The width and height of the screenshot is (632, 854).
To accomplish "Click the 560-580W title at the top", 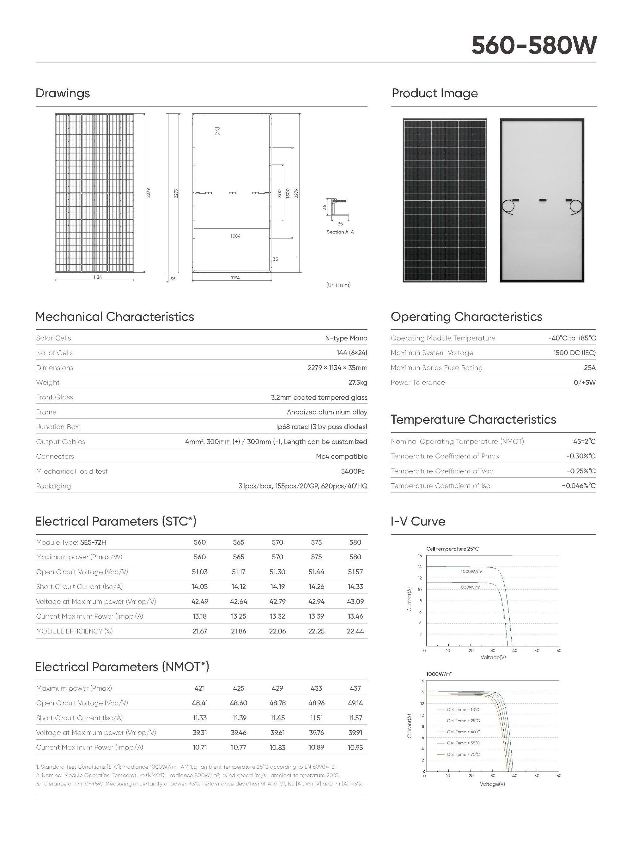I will [533, 45].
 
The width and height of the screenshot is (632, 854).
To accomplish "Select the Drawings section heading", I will [63, 93].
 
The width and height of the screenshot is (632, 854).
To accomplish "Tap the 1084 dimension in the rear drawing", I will [235, 236].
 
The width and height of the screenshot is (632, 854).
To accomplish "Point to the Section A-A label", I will [340, 232].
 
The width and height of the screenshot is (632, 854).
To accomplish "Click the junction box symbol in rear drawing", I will [217, 131].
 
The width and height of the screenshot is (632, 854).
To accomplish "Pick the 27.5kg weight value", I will [357, 382].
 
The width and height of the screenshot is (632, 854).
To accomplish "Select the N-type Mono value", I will [346, 338].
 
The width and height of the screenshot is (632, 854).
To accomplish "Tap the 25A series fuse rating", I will [590, 367].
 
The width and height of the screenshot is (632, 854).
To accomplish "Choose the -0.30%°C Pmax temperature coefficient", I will [581, 456].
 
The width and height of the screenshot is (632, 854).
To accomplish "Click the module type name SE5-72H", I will [93, 542].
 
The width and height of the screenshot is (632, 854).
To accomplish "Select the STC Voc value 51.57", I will [355, 572].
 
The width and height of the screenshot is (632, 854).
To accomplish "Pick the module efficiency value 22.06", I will [277, 631].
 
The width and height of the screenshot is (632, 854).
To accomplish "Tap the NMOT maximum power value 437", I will [355, 688].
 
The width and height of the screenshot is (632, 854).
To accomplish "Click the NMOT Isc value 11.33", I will [200, 718].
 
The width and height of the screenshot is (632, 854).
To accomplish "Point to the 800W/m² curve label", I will [471, 587].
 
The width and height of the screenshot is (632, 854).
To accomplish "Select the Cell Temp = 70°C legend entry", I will [463, 754].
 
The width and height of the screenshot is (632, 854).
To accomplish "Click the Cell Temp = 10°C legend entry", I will [463, 709].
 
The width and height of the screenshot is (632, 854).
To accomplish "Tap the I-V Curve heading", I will [418, 522].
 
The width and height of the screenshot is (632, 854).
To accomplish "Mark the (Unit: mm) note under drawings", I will [338, 285].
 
